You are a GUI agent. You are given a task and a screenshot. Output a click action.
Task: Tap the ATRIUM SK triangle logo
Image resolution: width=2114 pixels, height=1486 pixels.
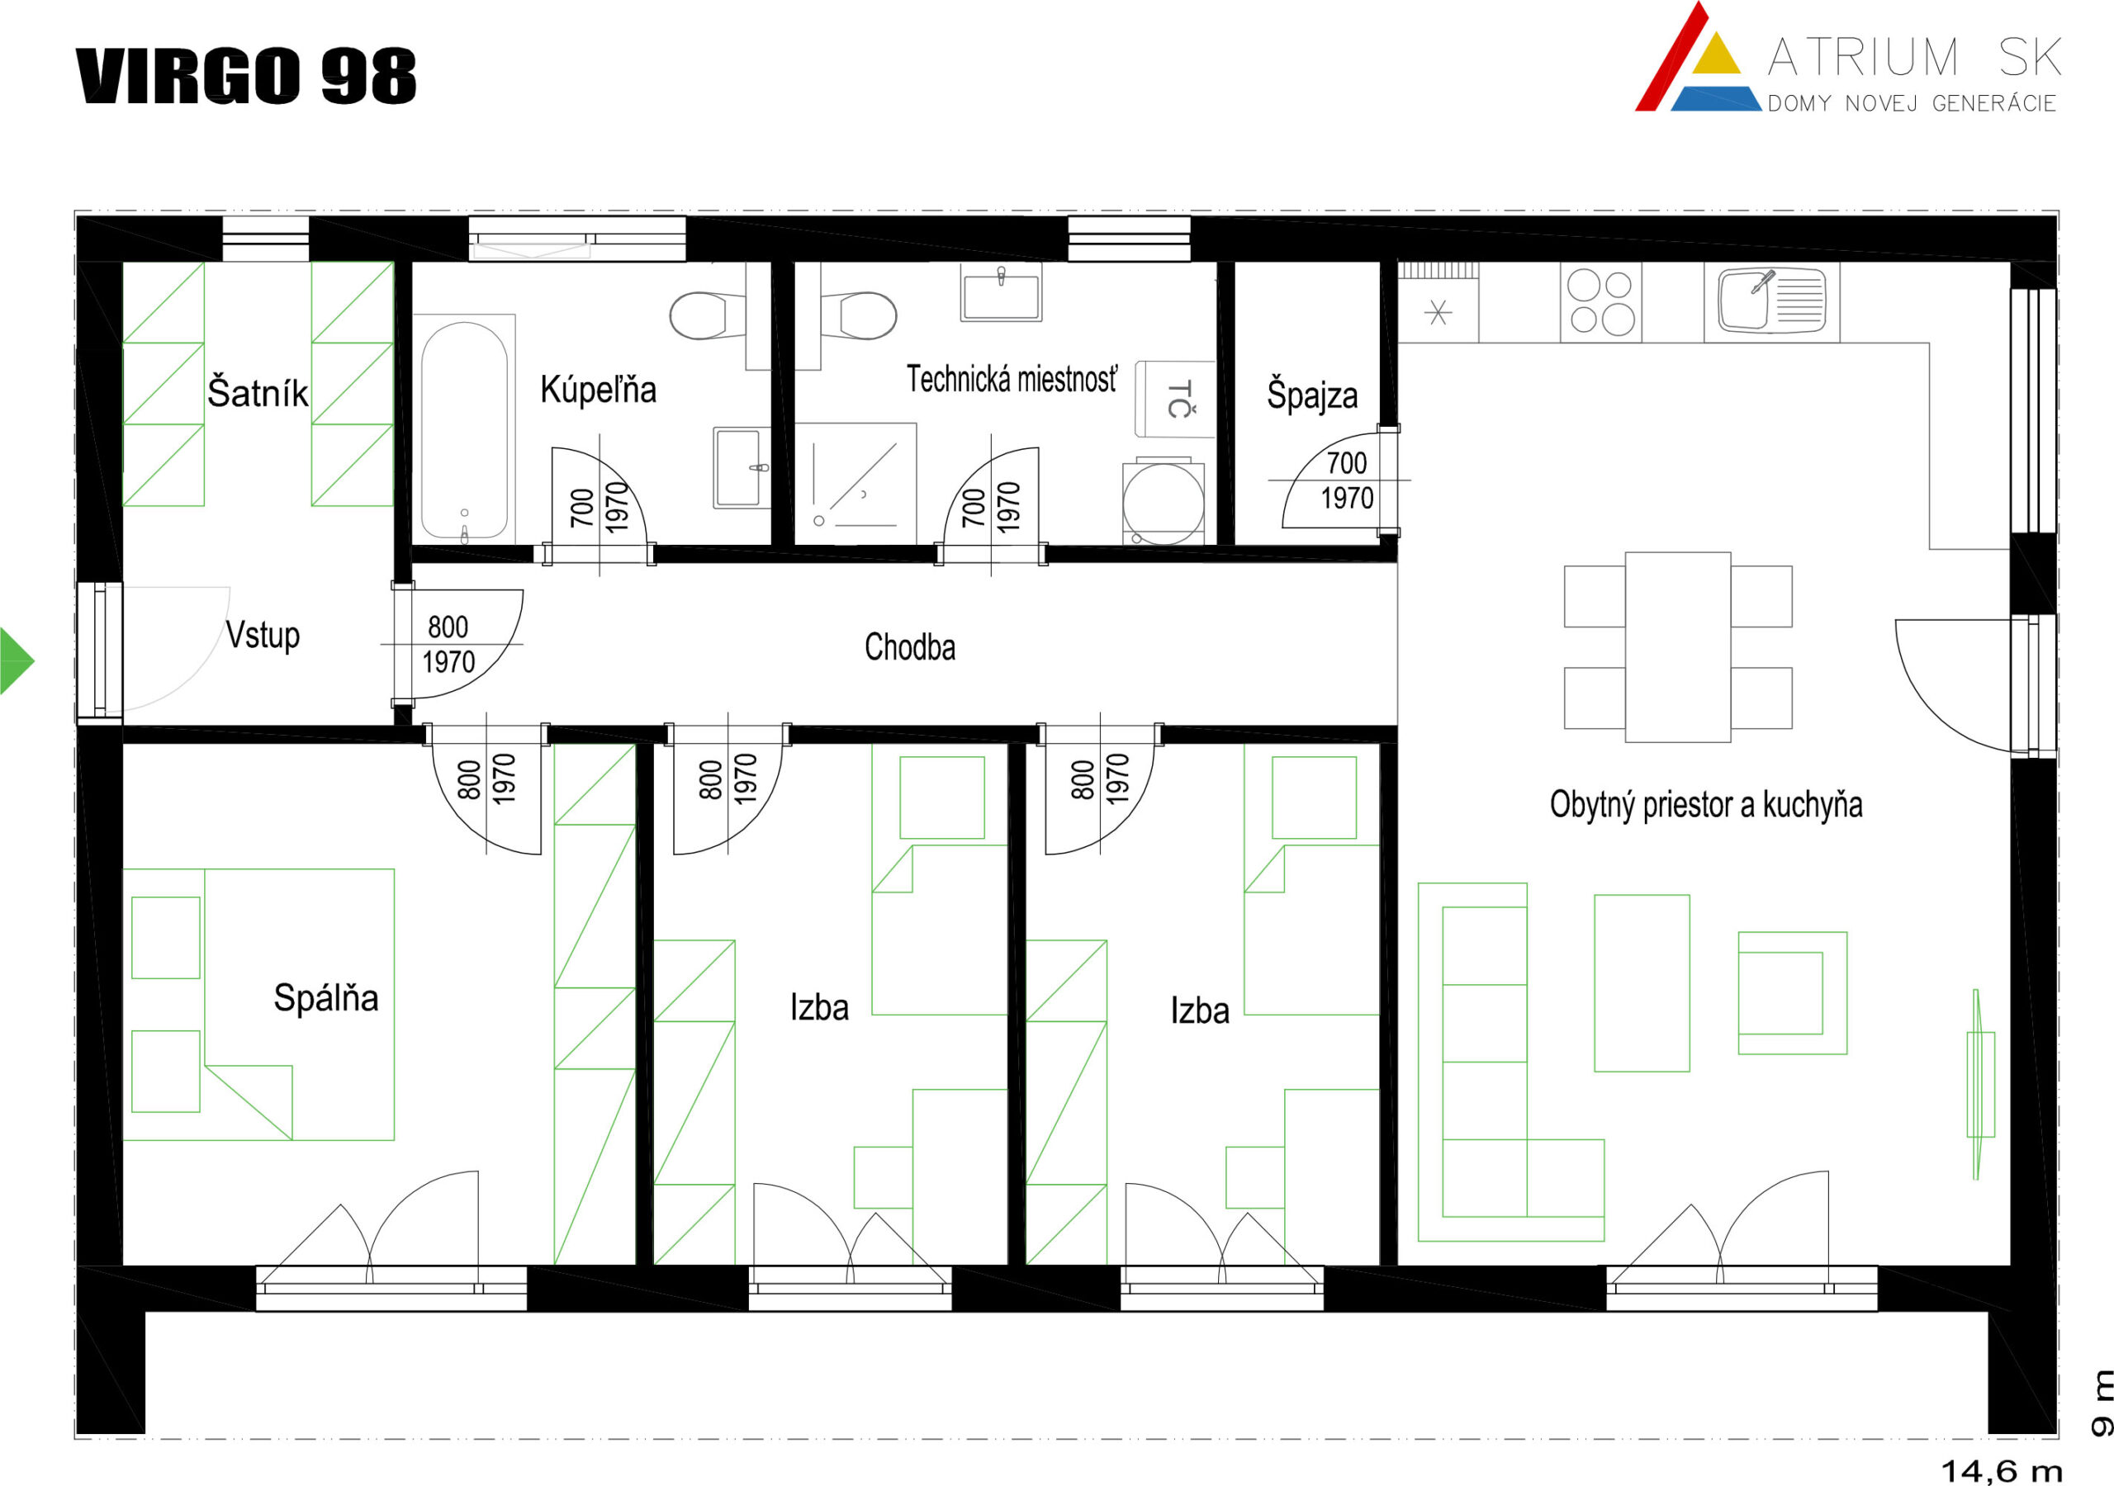coord(1697,57)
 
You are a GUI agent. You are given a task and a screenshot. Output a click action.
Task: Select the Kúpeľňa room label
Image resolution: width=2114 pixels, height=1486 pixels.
coord(598,390)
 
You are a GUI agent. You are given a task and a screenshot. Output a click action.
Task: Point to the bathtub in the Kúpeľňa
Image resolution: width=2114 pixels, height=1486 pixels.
coord(464,429)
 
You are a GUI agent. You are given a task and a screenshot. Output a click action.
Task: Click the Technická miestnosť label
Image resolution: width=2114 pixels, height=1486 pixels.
coord(1012,379)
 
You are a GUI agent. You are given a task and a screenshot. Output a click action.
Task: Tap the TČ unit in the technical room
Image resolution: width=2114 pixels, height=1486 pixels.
coord(1175,399)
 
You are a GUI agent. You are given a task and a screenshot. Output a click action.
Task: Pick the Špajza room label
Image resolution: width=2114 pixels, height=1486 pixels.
coord(1312,394)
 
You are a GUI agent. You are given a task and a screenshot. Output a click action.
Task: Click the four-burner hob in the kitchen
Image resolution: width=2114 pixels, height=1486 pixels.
coord(1601,301)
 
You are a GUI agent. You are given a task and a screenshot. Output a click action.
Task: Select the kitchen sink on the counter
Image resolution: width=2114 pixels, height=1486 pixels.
coord(1771,301)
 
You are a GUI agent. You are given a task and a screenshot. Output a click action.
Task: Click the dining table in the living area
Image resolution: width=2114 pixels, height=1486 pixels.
coord(1677,647)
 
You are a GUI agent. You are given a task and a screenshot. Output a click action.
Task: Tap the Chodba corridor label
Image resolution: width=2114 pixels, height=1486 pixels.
coord(910,646)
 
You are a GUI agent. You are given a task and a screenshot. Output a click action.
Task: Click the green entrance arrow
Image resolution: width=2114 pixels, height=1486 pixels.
coord(16,660)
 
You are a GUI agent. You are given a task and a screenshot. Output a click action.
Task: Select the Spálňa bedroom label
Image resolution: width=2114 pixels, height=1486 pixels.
coord(326,997)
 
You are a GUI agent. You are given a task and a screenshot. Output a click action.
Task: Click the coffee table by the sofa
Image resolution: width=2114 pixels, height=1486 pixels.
coord(1642,983)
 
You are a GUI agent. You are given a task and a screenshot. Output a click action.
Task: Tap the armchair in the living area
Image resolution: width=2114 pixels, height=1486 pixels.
coord(1792,992)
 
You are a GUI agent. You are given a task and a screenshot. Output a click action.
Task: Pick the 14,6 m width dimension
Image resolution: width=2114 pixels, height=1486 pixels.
coord(2002,1471)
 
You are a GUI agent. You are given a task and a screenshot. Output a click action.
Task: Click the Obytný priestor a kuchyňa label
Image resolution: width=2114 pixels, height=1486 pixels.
coord(1706,804)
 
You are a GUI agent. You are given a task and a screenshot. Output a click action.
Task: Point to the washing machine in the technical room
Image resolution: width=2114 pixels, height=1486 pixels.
coord(1163,503)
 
